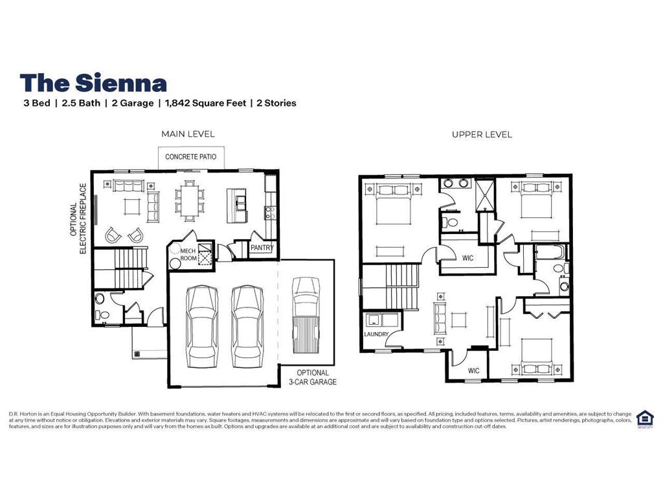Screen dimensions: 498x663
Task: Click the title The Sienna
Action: pos(93,82)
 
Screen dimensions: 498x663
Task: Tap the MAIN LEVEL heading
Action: pos(188,134)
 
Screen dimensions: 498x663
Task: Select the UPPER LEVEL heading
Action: pos(482,134)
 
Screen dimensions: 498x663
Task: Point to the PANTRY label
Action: pos(262,248)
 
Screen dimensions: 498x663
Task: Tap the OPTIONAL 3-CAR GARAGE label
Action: pos(313,377)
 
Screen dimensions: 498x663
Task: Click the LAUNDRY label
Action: pos(376,335)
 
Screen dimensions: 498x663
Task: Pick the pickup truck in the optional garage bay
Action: pos(306,315)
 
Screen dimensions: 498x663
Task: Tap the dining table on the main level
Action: pos(190,199)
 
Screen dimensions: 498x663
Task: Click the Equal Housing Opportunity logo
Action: pos(644,418)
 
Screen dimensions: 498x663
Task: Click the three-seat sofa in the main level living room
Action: pos(128,186)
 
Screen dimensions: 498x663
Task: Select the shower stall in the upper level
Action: pos(486,193)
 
